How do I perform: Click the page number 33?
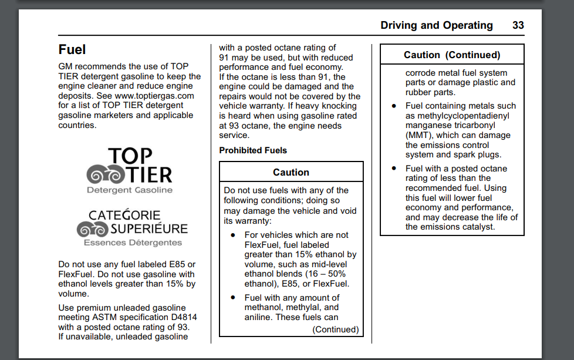point(518,25)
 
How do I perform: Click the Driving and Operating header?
point(436,25)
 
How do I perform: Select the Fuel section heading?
point(72,49)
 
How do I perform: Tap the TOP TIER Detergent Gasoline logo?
point(130,171)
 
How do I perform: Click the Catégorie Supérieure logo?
point(131,228)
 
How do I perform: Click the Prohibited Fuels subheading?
point(253,150)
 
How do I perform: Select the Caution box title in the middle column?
point(291,172)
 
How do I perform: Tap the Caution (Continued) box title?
point(452,55)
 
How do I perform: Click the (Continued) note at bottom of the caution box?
point(336,329)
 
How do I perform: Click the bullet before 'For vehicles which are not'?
point(233,235)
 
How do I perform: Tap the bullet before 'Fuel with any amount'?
point(233,298)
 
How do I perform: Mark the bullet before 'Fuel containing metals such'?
point(394,106)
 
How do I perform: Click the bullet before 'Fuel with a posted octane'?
point(394,169)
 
